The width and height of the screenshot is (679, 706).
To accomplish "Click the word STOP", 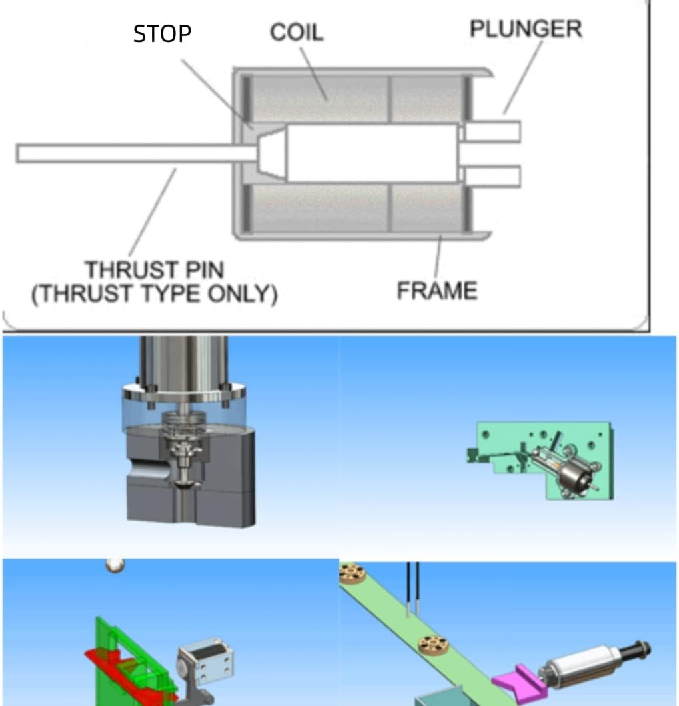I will click(162, 34).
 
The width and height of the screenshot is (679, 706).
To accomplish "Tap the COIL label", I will click(297, 33).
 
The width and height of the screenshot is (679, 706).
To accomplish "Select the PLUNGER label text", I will click(525, 29).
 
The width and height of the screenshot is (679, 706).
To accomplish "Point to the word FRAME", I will click(437, 291).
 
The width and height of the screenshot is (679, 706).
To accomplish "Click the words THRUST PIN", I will click(154, 271).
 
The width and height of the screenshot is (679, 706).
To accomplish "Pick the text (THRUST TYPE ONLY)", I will click(154, 294).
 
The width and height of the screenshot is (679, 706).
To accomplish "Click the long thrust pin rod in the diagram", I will click(133, 153).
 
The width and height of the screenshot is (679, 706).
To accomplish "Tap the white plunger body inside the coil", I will click(370, 153).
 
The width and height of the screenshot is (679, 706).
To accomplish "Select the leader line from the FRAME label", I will click(438, 260).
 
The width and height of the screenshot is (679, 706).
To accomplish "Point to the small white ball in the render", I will click(115, 564).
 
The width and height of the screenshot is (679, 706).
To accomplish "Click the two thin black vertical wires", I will click(413, 587).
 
